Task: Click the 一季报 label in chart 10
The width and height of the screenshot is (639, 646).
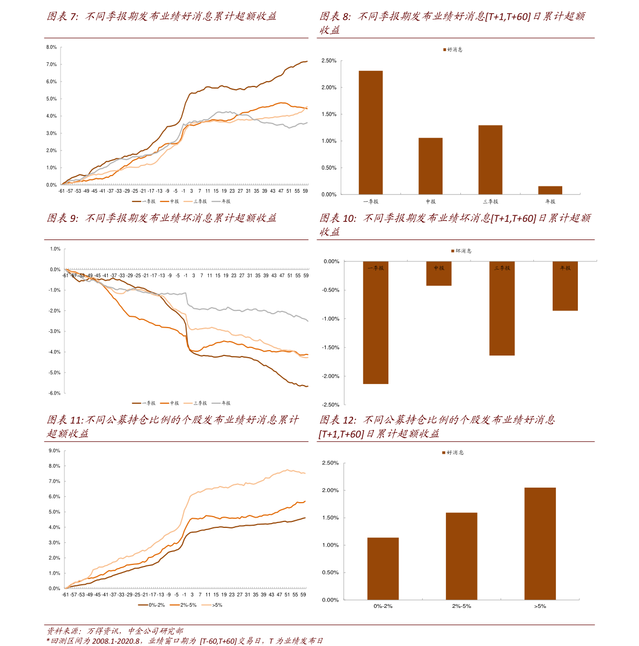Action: [x=376, y=268]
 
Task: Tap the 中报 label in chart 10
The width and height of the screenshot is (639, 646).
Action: [x=439, y=268]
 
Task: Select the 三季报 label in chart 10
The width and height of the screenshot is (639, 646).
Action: [x=502, y=268]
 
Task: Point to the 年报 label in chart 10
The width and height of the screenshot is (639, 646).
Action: [x=565, y=268]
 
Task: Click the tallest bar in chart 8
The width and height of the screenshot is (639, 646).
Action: [x=370, y=132]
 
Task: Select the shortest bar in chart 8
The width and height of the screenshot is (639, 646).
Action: [x=550, y=190]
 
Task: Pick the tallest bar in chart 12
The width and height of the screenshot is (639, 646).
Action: [x=540, y=543]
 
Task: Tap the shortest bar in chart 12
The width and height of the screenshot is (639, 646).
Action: [x=383, y=568]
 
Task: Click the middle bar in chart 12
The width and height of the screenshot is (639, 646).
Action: [x=461, y=555]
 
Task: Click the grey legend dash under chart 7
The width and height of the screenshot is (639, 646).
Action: [x=216, y=201]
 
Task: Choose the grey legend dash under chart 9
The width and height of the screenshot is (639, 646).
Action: [x=216, y=403]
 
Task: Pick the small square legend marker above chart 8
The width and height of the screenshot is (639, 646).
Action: [x=444, y=49]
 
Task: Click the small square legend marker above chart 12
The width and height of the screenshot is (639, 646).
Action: [x=444, y=453]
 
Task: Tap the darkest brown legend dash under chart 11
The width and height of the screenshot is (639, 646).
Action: [x=143, y=605]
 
